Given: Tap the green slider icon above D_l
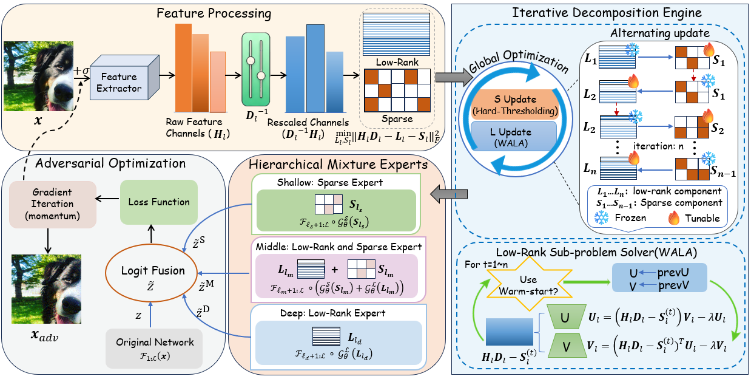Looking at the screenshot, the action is (x=256, y=69).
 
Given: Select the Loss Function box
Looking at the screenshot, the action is (x=158, y=202).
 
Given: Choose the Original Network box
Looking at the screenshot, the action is (x=154, y=348).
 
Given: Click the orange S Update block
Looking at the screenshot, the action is (x=514, y=104).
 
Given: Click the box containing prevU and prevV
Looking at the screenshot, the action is (x=659, y=278).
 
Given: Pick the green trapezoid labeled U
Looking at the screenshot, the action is (x=566, y=317).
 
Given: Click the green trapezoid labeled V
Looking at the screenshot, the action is (x=566, y=346).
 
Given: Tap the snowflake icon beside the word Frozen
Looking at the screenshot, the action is (x=601, y=218).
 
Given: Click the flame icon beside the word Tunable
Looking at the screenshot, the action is (x=674, y=217).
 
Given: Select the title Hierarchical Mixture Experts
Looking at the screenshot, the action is (x=338, y=165).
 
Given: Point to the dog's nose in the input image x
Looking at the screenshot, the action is (x=62, y=90).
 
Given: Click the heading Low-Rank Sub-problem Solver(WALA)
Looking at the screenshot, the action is (x=596, y=253).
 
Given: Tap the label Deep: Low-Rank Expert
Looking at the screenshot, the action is (x=332, y=313).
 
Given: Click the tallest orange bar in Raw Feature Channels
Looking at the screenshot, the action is (x=183, y=68).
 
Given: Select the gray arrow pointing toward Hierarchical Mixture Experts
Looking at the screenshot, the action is (x=448, y=194).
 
